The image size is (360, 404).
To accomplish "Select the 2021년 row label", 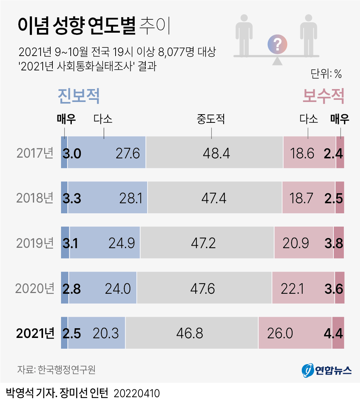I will (35, 333).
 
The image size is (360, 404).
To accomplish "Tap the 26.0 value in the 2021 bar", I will (280, 333).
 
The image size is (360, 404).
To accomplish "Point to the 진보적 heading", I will (78, 96).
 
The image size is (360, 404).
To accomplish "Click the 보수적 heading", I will (323, 96).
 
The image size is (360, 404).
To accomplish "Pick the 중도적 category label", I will (211, 119).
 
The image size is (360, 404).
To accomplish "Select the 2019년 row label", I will (35, 243).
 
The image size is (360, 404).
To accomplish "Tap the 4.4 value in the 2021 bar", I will (333, 333).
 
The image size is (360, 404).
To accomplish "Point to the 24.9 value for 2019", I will (122, 243).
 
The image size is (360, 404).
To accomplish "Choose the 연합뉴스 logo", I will (326, 370).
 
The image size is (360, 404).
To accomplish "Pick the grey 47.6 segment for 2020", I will (204, 288).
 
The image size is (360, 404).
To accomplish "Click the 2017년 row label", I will (35, 153).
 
